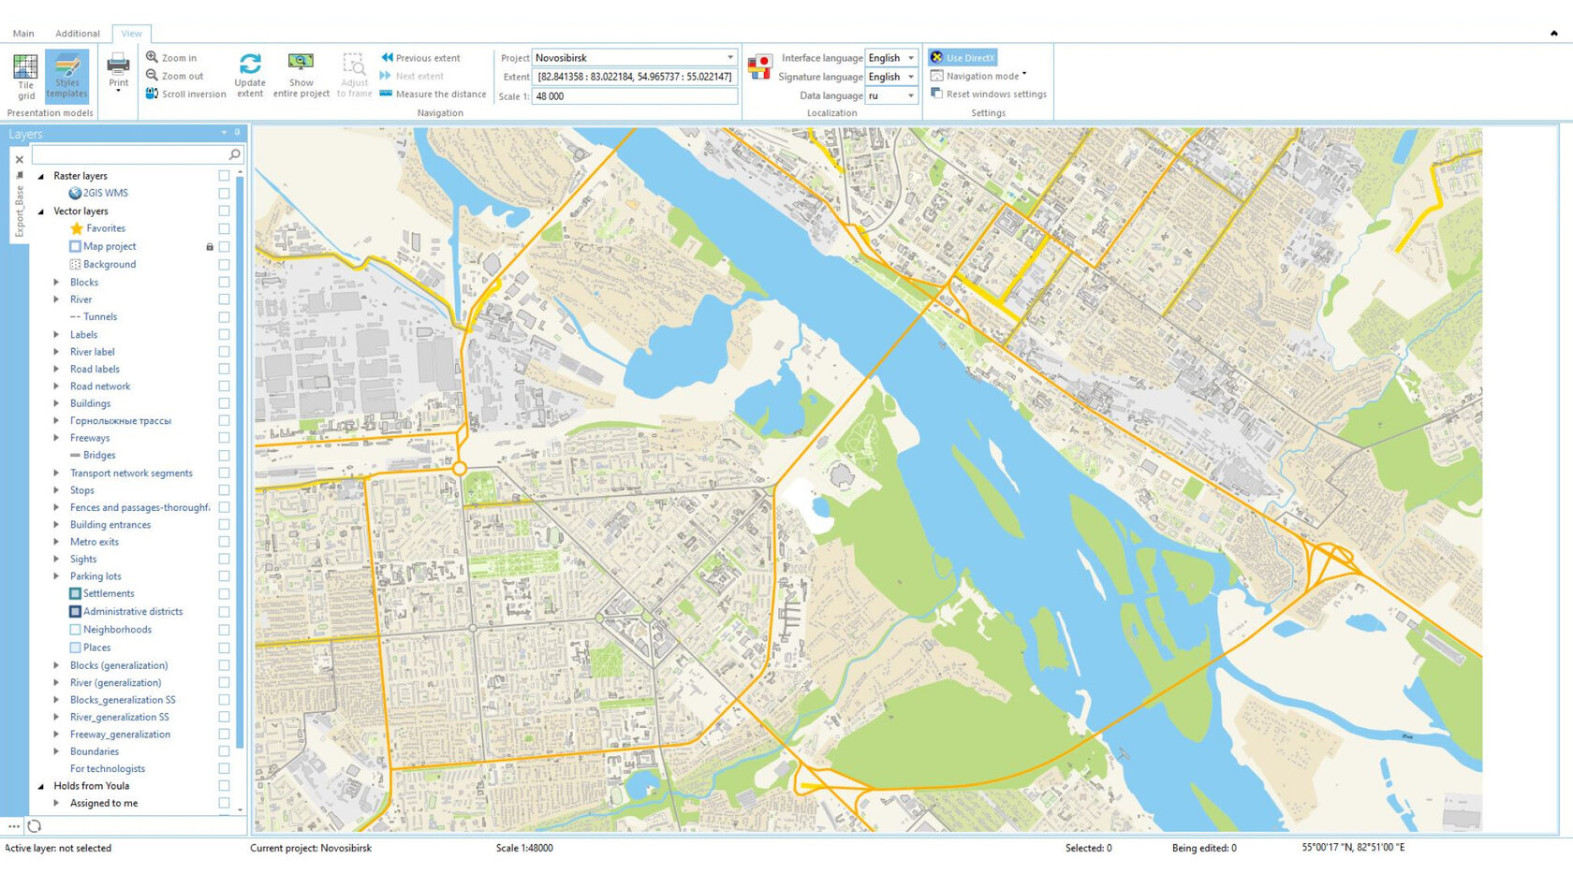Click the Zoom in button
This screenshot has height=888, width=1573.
pyautogui.click(x=171, y=58)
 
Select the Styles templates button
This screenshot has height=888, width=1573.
pyautogui.click(x=66, y=75)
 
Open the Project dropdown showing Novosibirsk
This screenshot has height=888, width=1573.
pyautogui.click(x=729, y=57)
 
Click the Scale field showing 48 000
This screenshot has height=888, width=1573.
pyautogui.click(x=634, y=96)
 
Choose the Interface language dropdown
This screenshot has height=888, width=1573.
pyautogui.click(x=890, y=58)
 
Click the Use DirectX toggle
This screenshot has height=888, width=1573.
pyautogui.click(x=963, y=58)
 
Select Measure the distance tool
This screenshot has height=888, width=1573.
pyautogui.click(x=433, y=95)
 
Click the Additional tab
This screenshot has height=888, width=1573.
pyautogui.click(x=77, y=34)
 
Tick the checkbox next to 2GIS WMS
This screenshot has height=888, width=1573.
pyautogui.click(x=224, y=194)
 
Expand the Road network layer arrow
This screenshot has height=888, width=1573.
pyautogui.click(x=56, y=386)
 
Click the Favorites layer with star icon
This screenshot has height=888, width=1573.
pyautogui.click(x=105, y=228)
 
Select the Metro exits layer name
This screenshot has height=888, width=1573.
pyautogui.click(x=94, y=542)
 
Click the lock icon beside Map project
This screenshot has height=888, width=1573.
pyautogui.click(x=210, y=247)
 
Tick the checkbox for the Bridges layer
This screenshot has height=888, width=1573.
pyautogui.click(x=224, y=456)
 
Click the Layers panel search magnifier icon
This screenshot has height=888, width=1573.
pyautogui.click(x=234, y=154)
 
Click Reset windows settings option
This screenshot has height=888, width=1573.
pyautogui.click(x=995, y=95)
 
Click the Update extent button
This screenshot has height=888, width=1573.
pyautogui.click(x=250, y=74)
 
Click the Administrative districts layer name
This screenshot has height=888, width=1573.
pyautogui.click(x=133, y=612)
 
